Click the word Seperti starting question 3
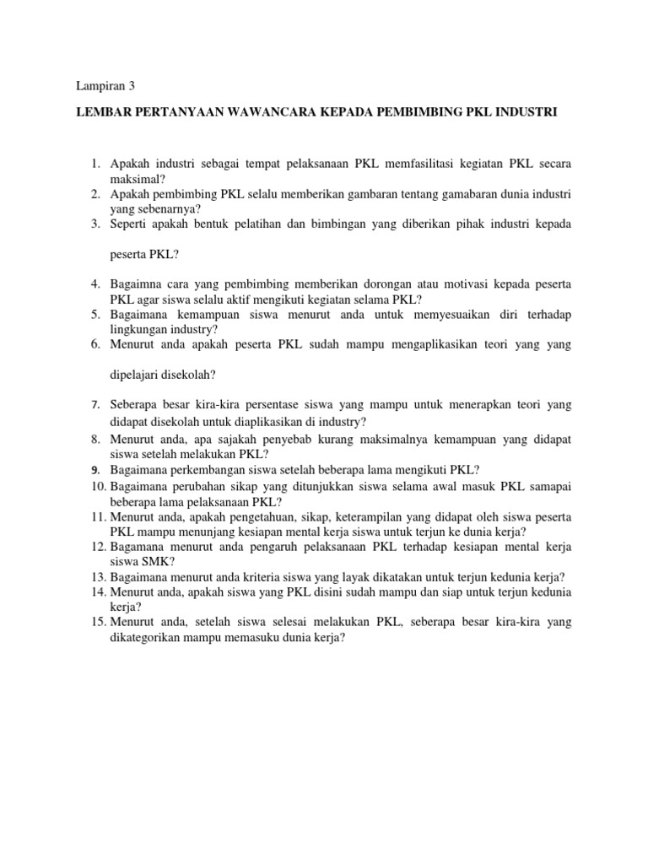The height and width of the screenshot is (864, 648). [130, 224]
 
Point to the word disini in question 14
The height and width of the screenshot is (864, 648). [340, 592]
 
